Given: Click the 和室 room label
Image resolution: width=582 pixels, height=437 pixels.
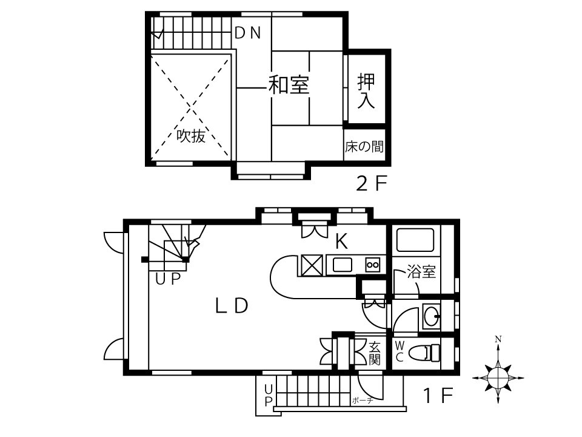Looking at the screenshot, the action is click(289, 84).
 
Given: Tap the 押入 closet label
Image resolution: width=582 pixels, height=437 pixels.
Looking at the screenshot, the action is click(366, 91).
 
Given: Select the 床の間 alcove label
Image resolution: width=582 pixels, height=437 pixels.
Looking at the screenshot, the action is click(364, 146).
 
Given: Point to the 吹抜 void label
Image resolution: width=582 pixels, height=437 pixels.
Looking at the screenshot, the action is click(191, 135).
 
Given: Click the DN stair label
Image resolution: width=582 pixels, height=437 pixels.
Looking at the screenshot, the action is click(248, 33).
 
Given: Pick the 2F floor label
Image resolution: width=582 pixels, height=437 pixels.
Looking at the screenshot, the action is click(372, 183).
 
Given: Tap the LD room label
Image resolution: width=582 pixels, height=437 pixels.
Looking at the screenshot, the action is click(232, 306).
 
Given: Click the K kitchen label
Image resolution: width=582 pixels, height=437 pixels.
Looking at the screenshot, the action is click(341, 241).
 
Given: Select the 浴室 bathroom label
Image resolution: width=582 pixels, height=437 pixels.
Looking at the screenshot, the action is click(421, 271).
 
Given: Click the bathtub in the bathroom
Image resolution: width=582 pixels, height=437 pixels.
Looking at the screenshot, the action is click(415, 240).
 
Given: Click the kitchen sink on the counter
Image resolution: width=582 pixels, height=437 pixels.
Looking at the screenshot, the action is click(342, 265).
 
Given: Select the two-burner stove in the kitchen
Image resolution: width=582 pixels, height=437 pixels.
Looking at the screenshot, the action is click(372, 265).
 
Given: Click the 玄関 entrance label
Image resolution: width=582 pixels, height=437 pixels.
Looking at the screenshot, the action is click(374, 353).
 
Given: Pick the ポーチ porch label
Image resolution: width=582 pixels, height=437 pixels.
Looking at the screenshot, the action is click(363, 401).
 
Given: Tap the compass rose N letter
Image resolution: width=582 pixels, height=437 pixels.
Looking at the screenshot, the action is click(498, 339).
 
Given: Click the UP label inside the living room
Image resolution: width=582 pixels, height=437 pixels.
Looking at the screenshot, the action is click(168, 279).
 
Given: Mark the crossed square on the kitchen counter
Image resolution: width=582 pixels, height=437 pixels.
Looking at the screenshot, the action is click(311, 265).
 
